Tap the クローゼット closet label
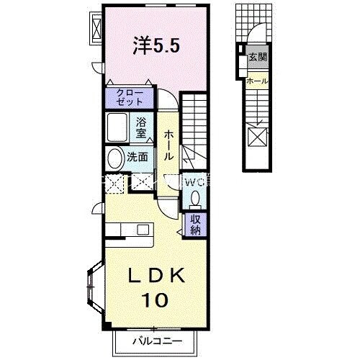coord(130,97)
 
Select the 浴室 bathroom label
coord(142,127)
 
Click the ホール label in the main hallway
coord(168,145)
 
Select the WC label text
coord(194,183)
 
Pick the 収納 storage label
coord(195,225)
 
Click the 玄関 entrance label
coord(257,56)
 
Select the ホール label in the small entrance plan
coord(256,81)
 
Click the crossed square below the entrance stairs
coord(257,135)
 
